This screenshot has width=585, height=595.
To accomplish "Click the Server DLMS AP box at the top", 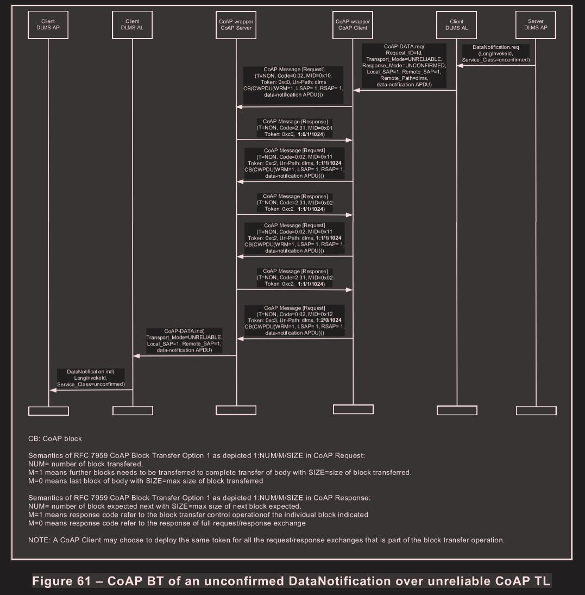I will (536, 25).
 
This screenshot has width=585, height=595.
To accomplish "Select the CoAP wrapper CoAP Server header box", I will (236, 25).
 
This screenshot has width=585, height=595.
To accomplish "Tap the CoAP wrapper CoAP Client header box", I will (353, 25).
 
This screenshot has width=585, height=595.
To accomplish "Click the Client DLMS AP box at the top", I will (48, 25).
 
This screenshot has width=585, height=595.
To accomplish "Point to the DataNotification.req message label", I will (493, 53).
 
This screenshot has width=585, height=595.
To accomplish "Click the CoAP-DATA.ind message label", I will (185, 341).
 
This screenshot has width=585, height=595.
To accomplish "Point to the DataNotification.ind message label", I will (91, 378).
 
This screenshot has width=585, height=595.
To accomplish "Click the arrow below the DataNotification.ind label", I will (91, 390).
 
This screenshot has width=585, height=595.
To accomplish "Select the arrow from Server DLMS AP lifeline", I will (496, 66).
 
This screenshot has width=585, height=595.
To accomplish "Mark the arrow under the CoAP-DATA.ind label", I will (185, 356).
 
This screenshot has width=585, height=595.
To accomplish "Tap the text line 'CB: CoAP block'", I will (55, 438).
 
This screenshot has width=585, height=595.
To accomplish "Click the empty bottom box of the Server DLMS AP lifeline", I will (536, 410).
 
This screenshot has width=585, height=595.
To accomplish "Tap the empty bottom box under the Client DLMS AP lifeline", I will (48, 411).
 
